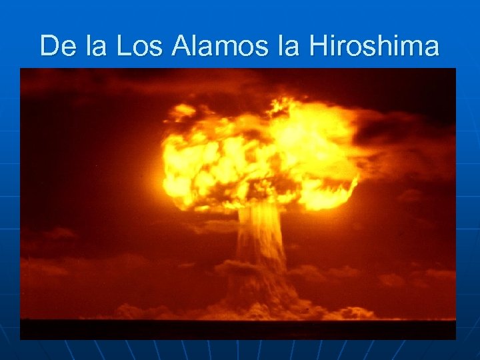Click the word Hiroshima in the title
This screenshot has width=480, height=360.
point(374,46)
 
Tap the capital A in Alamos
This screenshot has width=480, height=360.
point(181,46)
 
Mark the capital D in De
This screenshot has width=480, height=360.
point(49,46)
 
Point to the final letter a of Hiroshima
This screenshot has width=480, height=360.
point(431,47)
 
